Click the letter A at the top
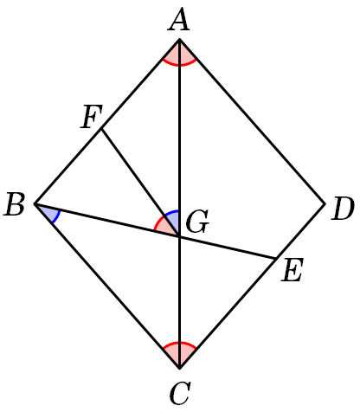tap(179, 21)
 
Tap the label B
tap(15, 205)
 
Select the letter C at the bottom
tap(180, 393)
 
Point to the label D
tap(343, 209)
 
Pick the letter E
tap(292, 270)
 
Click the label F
tap(91, 117)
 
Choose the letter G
tap(197, 222)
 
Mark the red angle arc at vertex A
tap(179, 65)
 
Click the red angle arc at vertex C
tap(179, 343)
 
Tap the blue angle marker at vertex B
tap(56, 217)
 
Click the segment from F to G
tap(140, 183)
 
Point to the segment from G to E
tap(228, 248)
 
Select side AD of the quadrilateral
tap(253, 121)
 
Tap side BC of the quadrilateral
tap(107, 286)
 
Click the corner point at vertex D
tap(325, 203)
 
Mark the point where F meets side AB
tap(101, 129)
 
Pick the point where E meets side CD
tap(275, 258)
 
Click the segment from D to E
tap(300, 231)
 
